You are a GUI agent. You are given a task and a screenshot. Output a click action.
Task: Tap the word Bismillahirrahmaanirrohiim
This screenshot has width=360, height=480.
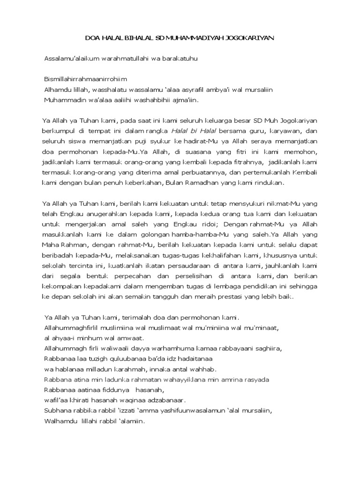click(x=85, y=79)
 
